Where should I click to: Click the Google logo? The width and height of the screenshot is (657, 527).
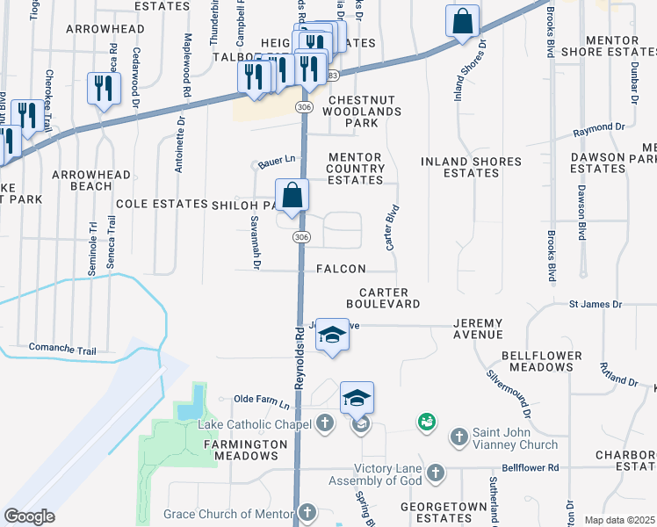[30, 516]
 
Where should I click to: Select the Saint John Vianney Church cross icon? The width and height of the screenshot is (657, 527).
[458, 437]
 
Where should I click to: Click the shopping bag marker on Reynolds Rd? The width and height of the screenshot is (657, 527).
[292, 196]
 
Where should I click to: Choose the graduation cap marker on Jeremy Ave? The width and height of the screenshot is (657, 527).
[332, 335]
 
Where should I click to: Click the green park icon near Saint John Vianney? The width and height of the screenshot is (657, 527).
[427, 423]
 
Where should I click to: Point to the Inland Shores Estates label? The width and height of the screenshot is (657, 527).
[471, 167]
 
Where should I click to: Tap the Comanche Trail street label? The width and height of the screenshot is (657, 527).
[61, 349]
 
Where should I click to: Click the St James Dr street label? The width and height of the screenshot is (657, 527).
[596, 304]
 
